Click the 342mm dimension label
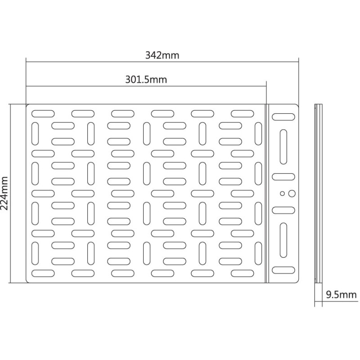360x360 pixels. [x=162, y=55]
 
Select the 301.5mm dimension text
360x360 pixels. [x=146, y=80]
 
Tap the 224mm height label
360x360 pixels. [x=4, y=193]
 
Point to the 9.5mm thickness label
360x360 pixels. [x=342, y=295]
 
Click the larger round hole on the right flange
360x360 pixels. [x=292, y=193]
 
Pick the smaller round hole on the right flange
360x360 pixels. [x=283, y=193]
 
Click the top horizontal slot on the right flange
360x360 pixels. [x=283, y=117]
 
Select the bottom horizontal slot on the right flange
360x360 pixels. [x=283, y=270]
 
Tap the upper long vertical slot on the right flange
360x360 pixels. [x=283, y=147]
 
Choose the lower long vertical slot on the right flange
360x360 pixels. [x=283, y=240]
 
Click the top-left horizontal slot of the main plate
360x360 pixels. [x=43, y=114]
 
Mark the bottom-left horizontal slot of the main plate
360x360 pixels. [x=43, y=273]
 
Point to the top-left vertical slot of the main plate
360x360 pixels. [x=35, y=134]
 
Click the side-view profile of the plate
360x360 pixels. [x=319, y=193]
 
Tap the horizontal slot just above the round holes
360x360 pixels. [x=283, y=177]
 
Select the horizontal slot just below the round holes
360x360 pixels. [x=283, y=210]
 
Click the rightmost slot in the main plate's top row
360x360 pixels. [x=243, y=114]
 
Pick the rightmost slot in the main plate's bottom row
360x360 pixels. [x=243, y=273]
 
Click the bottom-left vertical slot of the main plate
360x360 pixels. [x=35, y=253]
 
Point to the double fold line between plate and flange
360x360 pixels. [x=267, y=193]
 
